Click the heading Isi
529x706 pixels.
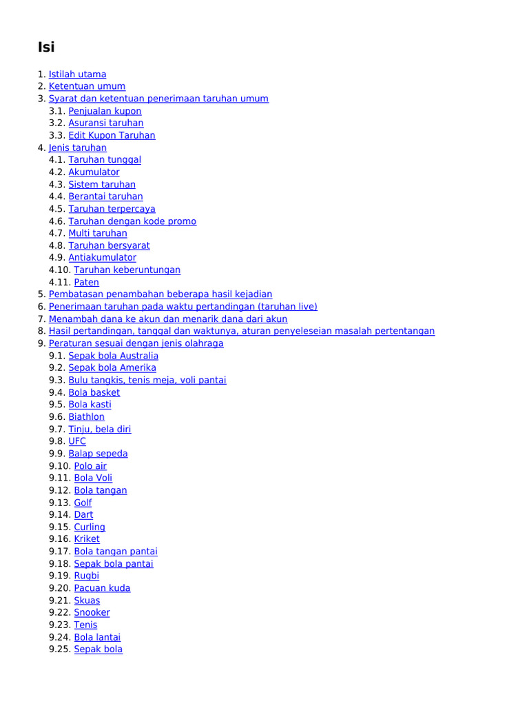click(46, 48)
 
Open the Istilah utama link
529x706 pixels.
click(77, 74)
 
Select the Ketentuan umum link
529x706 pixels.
click(87, 86)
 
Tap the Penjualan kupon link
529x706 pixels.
click(105, 111)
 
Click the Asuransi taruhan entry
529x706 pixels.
click(106, 123)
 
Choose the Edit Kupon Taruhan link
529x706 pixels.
click(112, 136)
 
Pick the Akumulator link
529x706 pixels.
click(94, 172)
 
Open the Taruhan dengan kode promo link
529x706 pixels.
click(132, 221)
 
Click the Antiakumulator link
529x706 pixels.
click(102, 258)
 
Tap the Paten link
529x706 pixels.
click(87, 283)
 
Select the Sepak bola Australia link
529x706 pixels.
click(113, 356)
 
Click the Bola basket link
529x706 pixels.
click(94, 393)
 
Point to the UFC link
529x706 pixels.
click(77, 441)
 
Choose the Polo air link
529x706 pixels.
click(90, 466)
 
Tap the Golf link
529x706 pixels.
click(83, 503)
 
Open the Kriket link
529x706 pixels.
click(87, 539)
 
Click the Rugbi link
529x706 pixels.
click(87, 576)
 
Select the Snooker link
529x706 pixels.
click(92, 612)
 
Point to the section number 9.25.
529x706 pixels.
click(60, 649)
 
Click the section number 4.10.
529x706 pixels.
click(60, 270)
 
